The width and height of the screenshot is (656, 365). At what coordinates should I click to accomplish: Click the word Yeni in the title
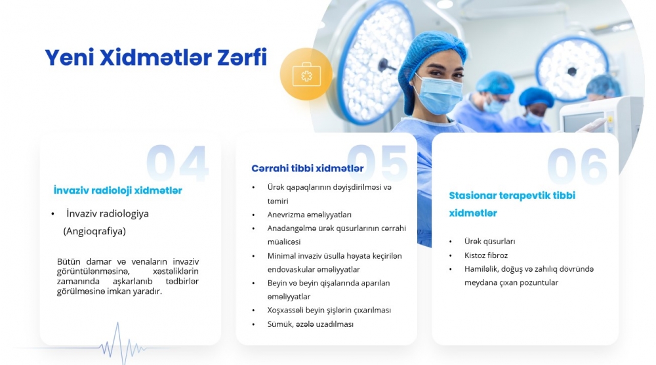click(70, 57)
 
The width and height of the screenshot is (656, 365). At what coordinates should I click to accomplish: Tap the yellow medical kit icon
click(306, 74)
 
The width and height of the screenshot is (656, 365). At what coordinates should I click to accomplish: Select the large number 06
click(577, 165)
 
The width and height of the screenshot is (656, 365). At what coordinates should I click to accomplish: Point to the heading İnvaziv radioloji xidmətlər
click(117, 190)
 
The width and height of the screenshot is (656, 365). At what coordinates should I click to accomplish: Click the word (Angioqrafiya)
click(94, 231)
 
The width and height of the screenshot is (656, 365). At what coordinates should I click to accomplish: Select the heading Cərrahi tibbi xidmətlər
click(308, 168)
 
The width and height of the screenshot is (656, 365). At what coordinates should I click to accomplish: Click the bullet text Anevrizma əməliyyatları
click(309, 215)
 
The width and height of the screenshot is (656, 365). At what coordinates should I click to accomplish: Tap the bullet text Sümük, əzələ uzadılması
click(310, 324)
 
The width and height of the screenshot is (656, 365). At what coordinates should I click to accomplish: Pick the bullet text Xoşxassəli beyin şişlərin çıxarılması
click(329, 310)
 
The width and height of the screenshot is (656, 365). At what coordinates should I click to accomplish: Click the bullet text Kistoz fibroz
click(485, 255)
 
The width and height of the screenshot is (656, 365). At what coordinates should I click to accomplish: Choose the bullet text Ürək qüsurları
click(489, 242)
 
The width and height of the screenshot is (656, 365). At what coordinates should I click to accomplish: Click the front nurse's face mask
click(439, 95)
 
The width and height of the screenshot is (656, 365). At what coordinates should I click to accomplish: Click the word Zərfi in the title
click(242, 57)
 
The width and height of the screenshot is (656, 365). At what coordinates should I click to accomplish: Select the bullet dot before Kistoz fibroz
click(451, 256)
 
